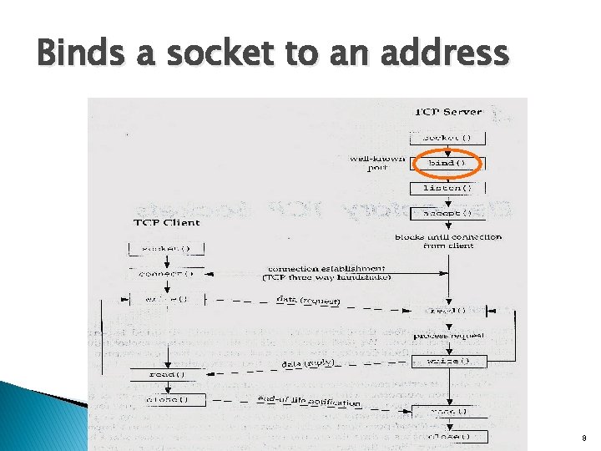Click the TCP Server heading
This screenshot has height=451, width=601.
(448, 113)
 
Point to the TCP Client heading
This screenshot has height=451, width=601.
(165, 223)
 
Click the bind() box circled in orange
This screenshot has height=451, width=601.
(448, 163)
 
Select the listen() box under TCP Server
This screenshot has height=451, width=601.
(448, 188)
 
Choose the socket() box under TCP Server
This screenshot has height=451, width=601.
(448, 138)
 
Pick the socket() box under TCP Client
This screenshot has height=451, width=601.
(165, 249)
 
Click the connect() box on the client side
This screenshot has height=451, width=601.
(165, 273)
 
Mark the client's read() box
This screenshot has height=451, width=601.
(165, 374)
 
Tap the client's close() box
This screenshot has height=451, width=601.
(165, 399)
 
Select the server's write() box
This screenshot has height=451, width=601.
(448, 362)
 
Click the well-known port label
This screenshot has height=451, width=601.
(377, 163)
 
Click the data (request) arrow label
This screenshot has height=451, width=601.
(309, 300)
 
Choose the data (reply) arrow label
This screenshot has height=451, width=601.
(308, 364)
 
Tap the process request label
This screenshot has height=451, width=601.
(449, 335)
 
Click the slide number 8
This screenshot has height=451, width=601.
(583, 437)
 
